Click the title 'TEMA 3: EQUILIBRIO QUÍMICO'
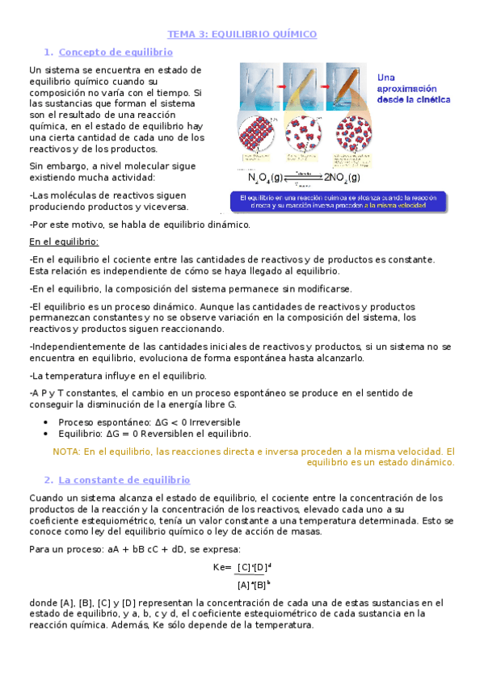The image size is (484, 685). point(242,35)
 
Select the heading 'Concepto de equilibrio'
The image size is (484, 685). point(116,53)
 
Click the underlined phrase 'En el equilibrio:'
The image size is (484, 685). point(64,242)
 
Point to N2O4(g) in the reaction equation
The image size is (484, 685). point(266,178)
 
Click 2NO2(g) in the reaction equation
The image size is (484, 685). point(342,178)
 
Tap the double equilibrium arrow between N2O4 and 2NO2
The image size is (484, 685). point(303,176)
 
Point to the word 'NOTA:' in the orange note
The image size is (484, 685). point(66,452)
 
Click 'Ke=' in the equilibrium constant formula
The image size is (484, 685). point(222,567)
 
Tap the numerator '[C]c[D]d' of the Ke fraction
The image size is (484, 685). point(255,567)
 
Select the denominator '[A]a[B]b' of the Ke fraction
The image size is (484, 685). point(254,584)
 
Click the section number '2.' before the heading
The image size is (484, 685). point(48,480)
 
